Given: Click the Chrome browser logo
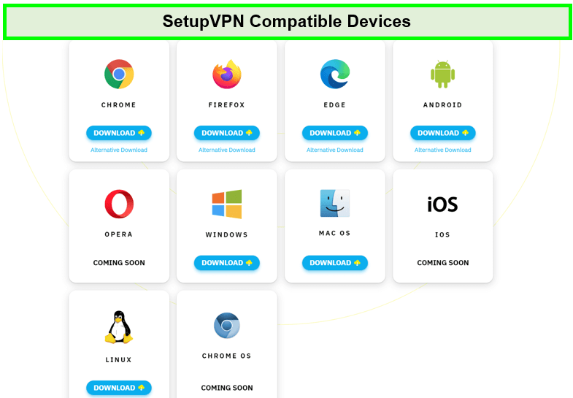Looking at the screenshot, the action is (119, 74).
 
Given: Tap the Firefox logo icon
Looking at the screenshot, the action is (227, 74).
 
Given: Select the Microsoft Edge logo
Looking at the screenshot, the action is (335, 74).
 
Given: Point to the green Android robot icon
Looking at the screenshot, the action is (443, 74).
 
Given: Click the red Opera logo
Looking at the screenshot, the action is (119, 204).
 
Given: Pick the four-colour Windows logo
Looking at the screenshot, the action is (227, 204).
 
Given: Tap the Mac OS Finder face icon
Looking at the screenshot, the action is (335, 203).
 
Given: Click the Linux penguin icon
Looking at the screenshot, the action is (119, 326).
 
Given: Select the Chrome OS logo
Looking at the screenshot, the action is (227, 325).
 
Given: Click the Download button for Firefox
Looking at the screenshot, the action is (227, 133).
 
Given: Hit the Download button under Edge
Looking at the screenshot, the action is (335, 133).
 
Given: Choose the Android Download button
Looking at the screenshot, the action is (443, 133).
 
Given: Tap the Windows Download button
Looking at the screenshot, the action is (227, 263).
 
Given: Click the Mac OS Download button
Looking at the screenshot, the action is (335, 263).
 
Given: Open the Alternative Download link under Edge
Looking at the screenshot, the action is (335, 150).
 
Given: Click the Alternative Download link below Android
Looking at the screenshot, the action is (443, 150).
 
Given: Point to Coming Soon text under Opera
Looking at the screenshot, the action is (119, 263).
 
